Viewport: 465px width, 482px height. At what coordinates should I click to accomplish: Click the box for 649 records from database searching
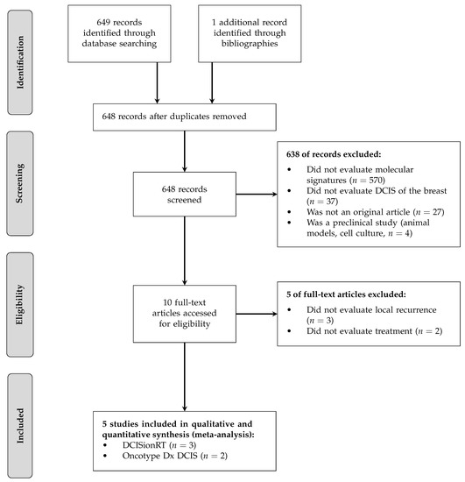pos(123,33)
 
